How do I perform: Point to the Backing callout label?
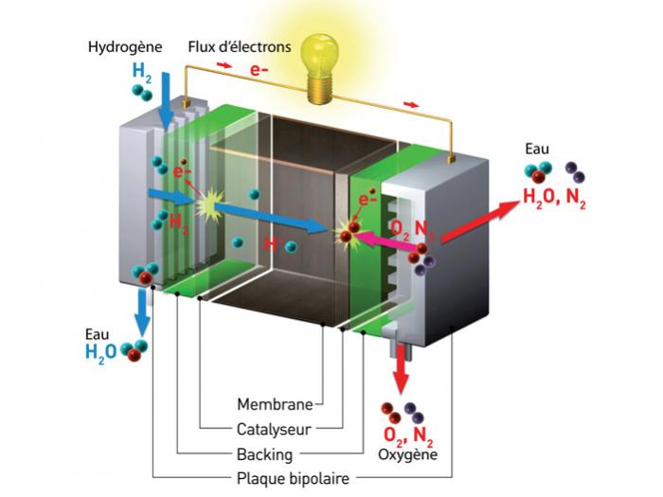[264, 453]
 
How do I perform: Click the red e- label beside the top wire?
[259, 71]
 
